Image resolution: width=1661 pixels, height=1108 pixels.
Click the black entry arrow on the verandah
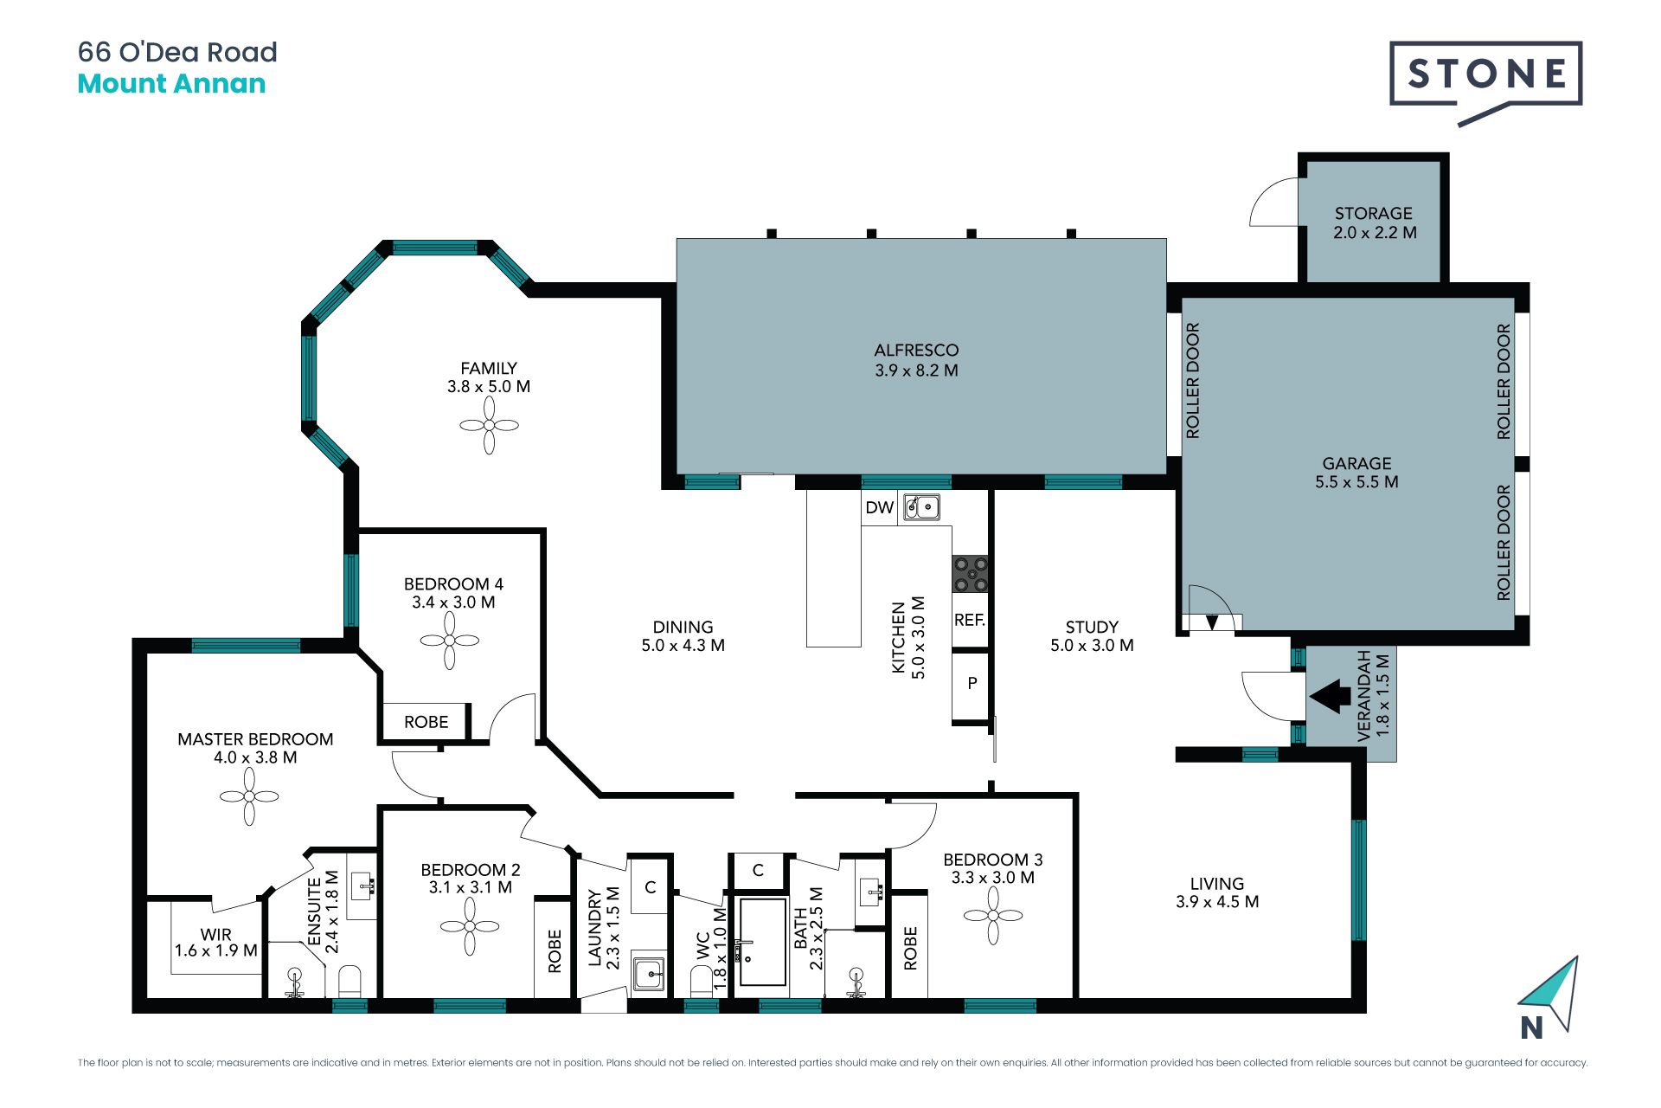pos(1331,696)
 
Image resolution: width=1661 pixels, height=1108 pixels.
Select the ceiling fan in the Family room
pos(489,425)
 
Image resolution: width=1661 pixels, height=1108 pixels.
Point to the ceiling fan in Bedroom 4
pos(450,641)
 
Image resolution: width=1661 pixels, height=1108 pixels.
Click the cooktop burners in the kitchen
pos(970,574)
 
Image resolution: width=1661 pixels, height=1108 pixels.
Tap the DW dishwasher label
pos(880,508)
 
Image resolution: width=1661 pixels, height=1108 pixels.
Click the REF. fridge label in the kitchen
pos(970,620)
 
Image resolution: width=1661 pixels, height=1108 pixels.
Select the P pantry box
pos(971,684)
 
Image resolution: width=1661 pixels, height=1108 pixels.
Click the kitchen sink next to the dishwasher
pos(921,506)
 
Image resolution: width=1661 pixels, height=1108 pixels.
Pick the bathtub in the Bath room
pos(762,942)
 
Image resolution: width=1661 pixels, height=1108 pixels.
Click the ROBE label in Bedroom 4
pos(426,722)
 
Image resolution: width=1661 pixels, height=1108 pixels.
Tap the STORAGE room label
pos(1374,213)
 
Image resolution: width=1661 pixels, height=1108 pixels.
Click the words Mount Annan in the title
pos(171,84)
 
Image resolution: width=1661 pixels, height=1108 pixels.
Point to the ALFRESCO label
pos(916,350)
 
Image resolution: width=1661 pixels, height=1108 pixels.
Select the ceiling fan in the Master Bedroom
pos(249,796)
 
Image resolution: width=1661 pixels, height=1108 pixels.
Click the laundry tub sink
pos(649,974)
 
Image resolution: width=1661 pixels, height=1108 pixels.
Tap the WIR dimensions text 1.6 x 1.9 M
pos(216,950)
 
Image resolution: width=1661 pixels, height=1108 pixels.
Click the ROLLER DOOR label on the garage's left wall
pos(1193,381)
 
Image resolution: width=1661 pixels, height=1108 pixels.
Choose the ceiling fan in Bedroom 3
pos(993,915)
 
